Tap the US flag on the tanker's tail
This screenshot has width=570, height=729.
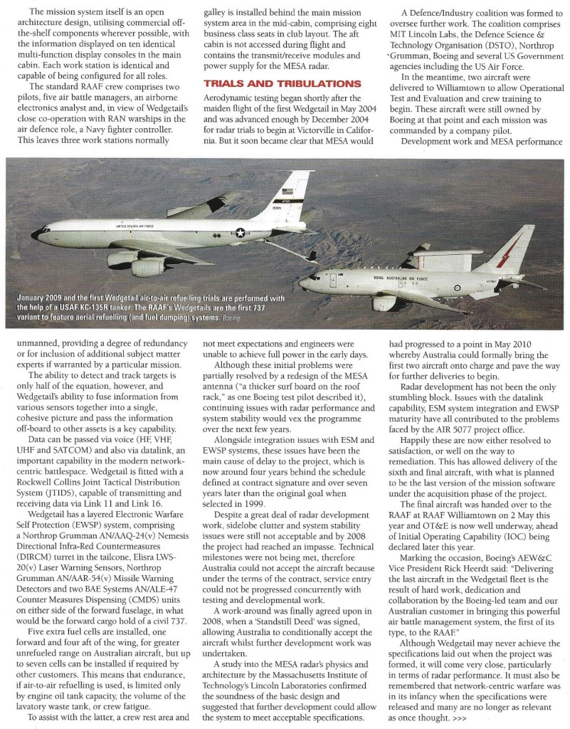coord(287,191)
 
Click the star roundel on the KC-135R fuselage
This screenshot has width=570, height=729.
coord(241,232)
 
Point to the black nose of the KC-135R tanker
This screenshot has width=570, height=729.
coord(36,232)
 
